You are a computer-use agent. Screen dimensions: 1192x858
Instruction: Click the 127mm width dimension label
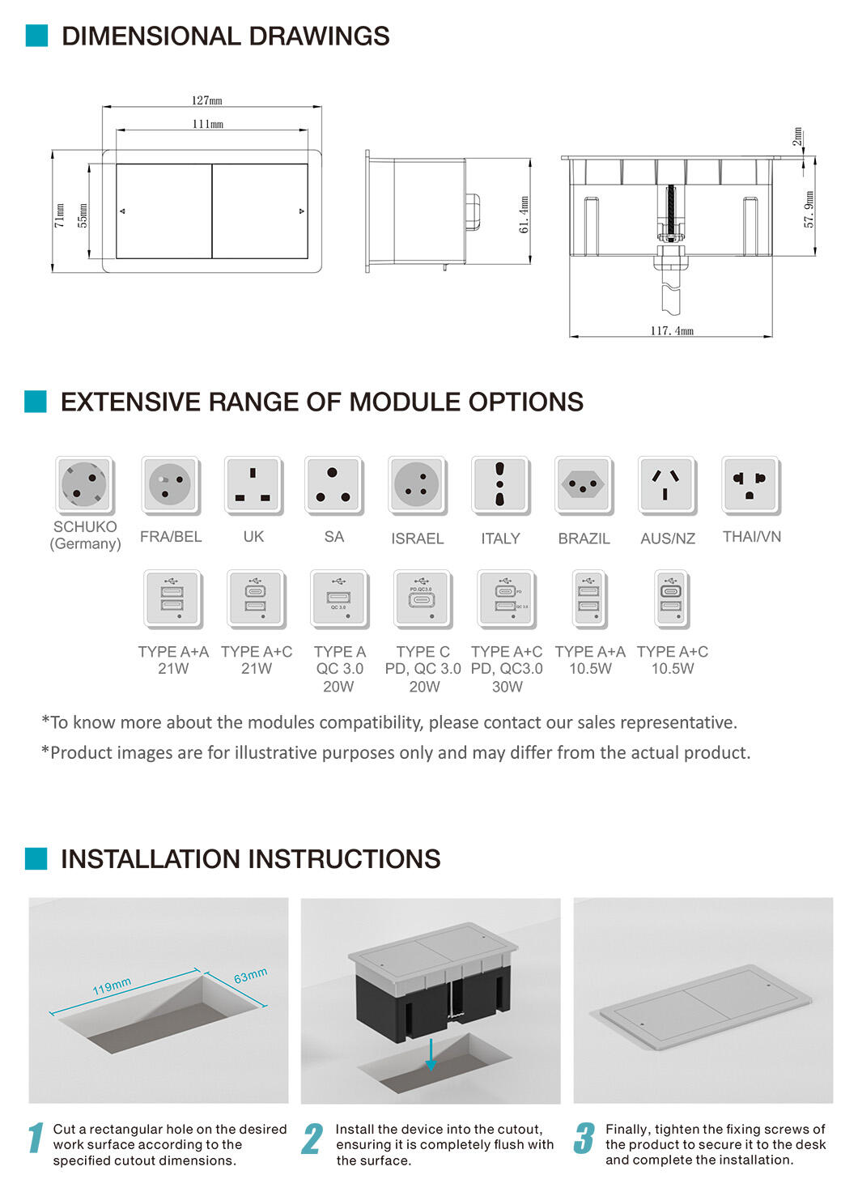point(207,100)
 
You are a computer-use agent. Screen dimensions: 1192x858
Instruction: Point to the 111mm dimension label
point(208,124)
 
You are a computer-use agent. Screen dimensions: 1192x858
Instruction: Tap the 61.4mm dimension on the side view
point(524,215)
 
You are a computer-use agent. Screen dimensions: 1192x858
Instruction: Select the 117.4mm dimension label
point(672,330)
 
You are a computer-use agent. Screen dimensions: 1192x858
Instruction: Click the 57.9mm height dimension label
point(809,210)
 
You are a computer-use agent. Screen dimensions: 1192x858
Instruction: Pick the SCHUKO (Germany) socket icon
point(85,484)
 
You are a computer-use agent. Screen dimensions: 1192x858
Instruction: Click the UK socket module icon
point(253,484)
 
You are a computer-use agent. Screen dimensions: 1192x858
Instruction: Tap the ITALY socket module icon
point(500,484)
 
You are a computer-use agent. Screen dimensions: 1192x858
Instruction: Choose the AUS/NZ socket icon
point(667,484)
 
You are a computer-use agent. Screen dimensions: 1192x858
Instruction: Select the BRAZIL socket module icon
point(584,484)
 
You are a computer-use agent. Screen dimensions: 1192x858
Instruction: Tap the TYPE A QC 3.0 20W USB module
point(339,599)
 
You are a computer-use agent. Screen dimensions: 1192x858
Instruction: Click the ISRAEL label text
point(418,539)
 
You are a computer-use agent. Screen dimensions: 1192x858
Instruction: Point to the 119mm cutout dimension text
point(112,986)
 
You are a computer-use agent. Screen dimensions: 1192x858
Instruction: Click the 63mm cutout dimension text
point(250,975)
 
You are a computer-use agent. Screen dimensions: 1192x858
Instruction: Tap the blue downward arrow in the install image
point(431,1054)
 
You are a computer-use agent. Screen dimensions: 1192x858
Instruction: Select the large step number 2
point(312,1139)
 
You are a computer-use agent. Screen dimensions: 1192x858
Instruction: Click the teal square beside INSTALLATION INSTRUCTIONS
point(36,858)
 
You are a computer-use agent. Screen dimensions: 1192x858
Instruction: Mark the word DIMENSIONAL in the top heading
point(151,36)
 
